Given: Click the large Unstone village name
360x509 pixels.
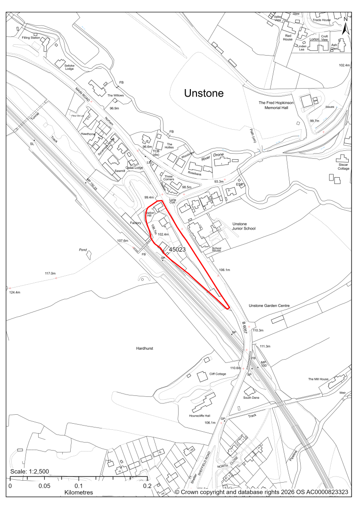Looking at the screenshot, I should click(204, 93).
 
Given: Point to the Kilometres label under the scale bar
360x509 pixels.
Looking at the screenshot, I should click(78, 492).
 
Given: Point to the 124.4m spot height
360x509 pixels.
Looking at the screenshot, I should click(17, 293).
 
